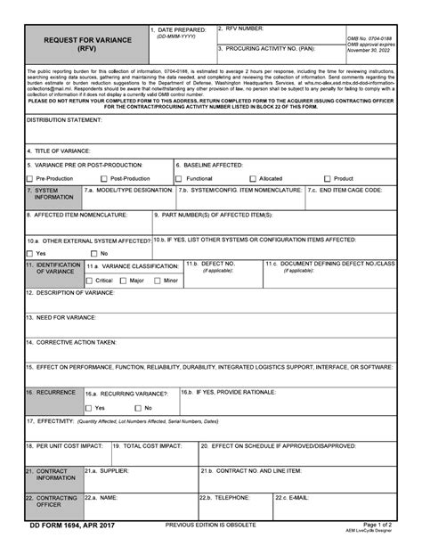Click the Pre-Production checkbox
pos(30,179)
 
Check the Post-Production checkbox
pos(104,179)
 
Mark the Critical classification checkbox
pos(90,280)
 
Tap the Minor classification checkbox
pos(158,280)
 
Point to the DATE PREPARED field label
pos(184,30)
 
